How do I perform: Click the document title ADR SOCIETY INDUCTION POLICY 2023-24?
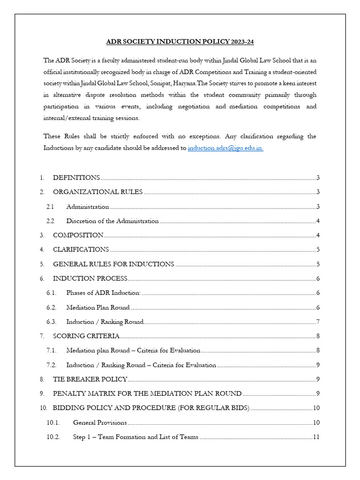click(x=180, y=42)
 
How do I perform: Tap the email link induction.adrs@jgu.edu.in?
click(x=225, y=148)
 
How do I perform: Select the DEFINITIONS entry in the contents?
click(x=76, y=178)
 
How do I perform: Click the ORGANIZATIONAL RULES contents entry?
click(x=97, y=192)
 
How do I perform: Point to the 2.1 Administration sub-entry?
click(x=88, y=207)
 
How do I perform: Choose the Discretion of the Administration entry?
click(x=112, y=221)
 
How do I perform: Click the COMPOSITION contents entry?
click(x=78, y=235)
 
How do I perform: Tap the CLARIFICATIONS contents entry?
click(x=81, y=250)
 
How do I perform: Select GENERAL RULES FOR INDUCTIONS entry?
click(x=113, y=264)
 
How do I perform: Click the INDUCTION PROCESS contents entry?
click(x=90, y=279)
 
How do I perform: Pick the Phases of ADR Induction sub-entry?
click(x=103, y=293)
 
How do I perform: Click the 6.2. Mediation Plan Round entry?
click(x=98, y=307)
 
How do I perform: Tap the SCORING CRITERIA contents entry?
click(x=86, y=336)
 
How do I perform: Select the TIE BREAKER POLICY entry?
click(x=90, y=379)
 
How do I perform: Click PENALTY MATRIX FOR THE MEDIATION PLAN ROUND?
click(x=147, y=394)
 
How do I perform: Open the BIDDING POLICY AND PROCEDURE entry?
click(x=151, y=408)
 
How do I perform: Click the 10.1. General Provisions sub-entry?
click(x=100, y=423)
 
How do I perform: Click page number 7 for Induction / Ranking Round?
click(x=318, y=322)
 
